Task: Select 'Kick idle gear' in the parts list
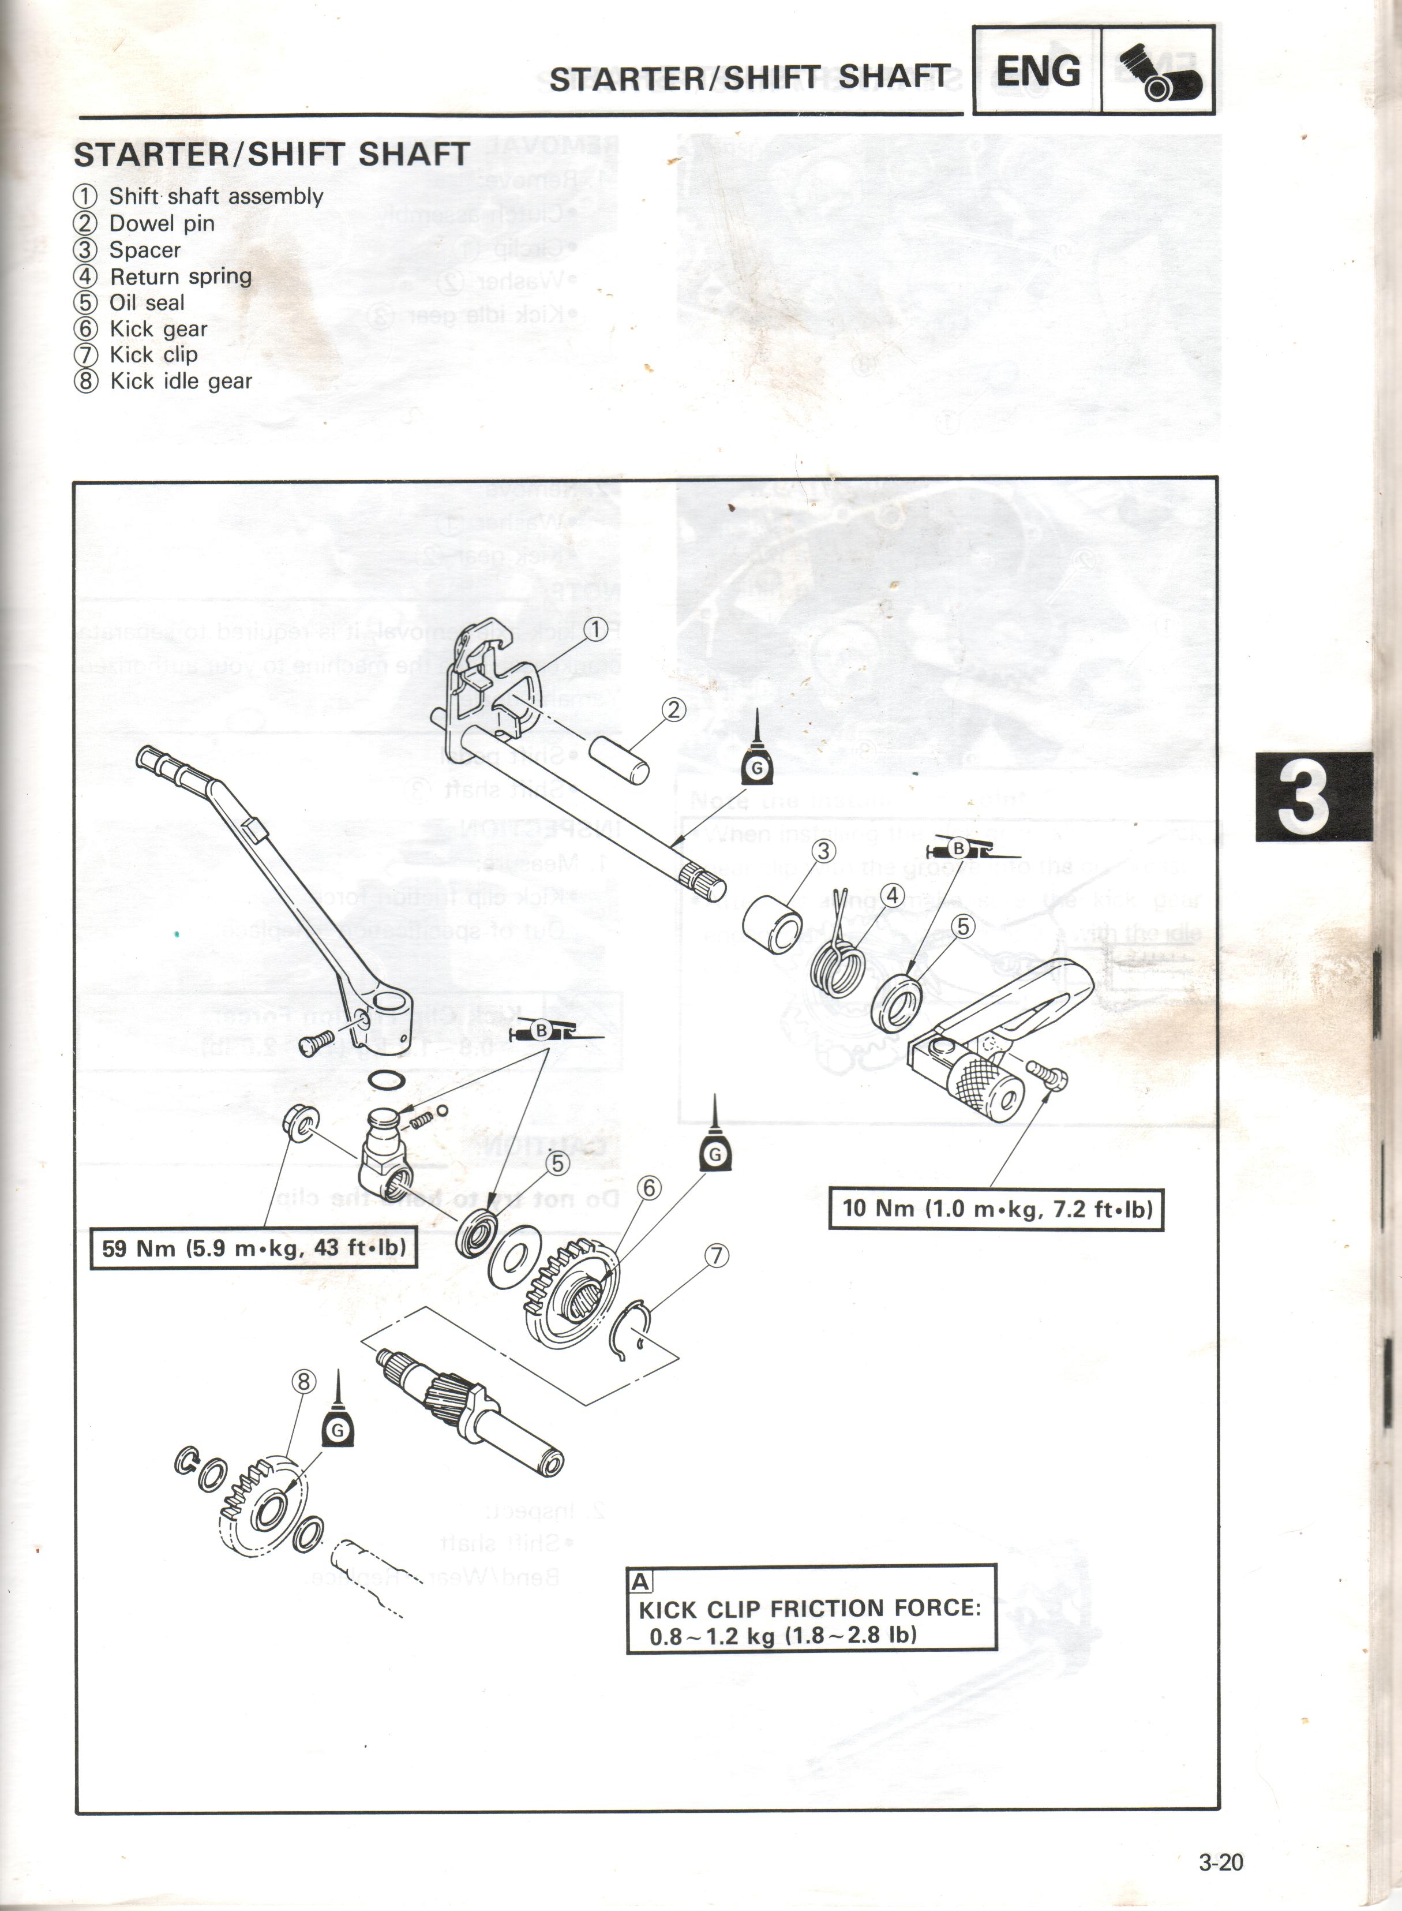click(181, 381)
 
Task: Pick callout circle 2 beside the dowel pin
click(674, 710)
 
